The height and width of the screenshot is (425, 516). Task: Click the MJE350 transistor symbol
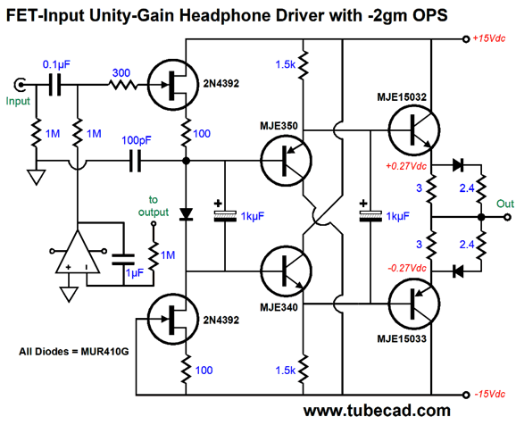(286, 161)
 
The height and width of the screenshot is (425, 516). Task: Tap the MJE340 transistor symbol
(286, 271)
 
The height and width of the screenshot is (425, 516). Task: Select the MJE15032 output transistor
(414, 129)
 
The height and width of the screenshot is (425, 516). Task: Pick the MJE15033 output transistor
(414, 304)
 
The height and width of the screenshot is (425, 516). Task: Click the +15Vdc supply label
(488, 38)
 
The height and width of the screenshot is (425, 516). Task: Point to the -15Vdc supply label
(490, 394)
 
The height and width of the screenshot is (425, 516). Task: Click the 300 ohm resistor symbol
(123, 85)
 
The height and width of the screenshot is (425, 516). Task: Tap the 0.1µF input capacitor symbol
(54, 85)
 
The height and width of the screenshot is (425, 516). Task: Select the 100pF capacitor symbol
(135, 161)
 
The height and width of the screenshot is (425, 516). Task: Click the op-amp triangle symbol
(78, 252)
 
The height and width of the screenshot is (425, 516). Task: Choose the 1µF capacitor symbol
(123, 260)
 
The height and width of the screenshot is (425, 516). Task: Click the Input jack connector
(21, 85)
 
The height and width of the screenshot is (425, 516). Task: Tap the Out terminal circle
(508, 217)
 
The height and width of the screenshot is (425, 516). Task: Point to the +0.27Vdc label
(406, 166)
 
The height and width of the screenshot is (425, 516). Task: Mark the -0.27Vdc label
(407, 268)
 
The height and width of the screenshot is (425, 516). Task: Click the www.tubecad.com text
(377, 411)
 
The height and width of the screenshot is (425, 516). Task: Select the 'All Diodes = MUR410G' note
(74, 352)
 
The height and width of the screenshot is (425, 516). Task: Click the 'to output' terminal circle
(154, 223)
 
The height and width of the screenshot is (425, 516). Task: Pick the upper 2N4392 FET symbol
(173, 85)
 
